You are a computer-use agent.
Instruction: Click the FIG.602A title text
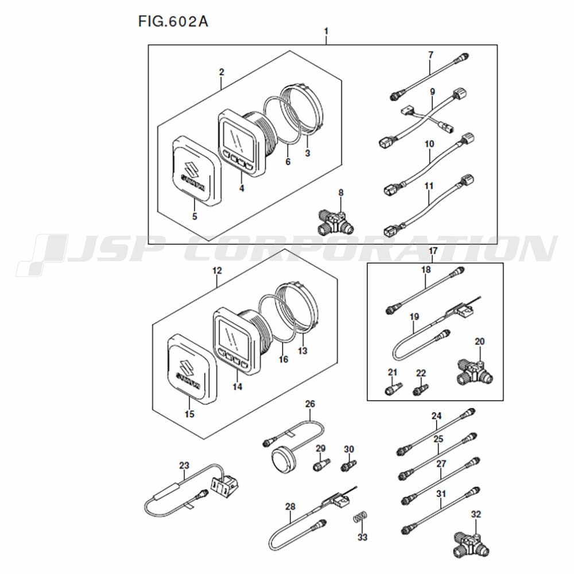click(173, 22)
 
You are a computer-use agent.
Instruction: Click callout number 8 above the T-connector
click(341, 192)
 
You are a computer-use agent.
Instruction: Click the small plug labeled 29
click(320, 464)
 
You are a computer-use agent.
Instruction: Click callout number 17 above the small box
click(433, 250)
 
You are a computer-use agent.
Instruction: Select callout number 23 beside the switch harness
click(184, 465)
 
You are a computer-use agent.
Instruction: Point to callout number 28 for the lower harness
click(290, 506)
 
